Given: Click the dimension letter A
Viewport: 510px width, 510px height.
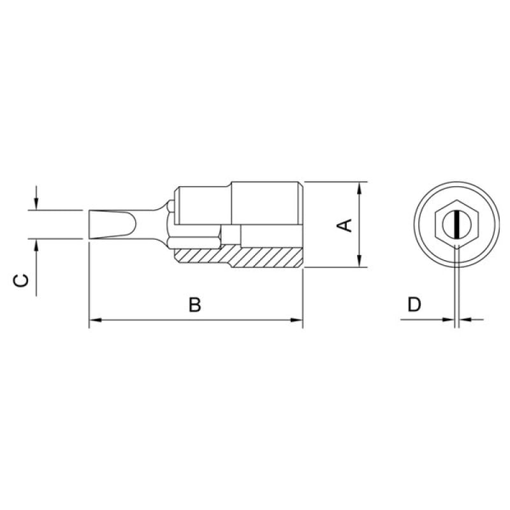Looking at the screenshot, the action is pos(344,226).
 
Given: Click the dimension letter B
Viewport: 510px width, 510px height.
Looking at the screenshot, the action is pos(195,305).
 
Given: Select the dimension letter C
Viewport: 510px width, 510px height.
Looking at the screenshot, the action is pos(20,280).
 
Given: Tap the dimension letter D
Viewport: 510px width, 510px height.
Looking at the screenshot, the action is pos(414,305).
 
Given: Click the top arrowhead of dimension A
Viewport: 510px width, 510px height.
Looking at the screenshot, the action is pos(359,188).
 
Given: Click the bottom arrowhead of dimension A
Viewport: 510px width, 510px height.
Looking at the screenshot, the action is pos(359,261).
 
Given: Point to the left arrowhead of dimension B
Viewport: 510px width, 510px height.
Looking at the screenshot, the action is pos(95,320).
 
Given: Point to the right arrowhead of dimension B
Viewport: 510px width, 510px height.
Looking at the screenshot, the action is pos(296,320).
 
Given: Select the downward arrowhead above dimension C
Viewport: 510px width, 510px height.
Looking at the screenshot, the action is pos(36,203).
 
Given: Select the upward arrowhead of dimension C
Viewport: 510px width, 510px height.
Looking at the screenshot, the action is pos(36,245).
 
